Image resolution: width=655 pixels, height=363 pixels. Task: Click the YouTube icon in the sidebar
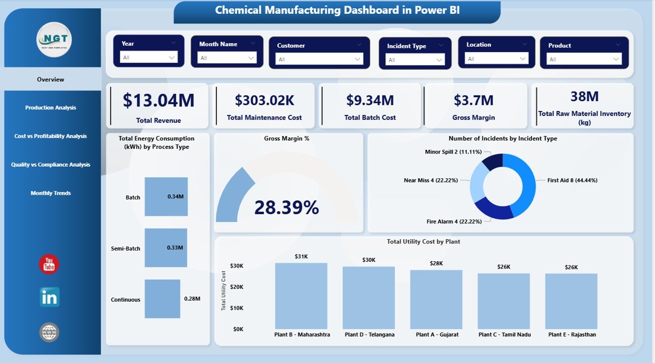tap(49, 264)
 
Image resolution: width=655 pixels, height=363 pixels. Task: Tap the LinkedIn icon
tap(50, 297)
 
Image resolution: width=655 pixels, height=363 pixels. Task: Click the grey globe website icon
tap(49, 332)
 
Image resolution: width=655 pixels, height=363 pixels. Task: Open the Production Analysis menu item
tap(51, 108)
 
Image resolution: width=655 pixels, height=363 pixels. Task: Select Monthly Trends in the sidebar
tap(51, 193)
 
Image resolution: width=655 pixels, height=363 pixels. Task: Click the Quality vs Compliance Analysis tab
tap(51, 165)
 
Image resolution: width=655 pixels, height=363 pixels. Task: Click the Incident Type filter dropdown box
tap(415, 60)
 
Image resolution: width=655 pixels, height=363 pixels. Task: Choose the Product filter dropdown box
tap(584, 59)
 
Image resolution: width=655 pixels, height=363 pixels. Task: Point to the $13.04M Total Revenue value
tap(159, 100)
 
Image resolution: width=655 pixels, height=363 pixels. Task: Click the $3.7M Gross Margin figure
tap(473, 100)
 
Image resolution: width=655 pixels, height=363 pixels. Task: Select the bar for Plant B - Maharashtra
tap(301, 296)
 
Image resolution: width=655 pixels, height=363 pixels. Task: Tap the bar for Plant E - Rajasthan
tap(571, 301)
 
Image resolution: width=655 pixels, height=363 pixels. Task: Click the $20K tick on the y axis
tap(236, 287)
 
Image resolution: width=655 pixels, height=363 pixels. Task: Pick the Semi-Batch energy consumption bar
tap(165, 248)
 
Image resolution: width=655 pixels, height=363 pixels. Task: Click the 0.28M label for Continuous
tap(192, 299)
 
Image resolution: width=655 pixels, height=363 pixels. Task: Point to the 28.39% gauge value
tap(287, 208)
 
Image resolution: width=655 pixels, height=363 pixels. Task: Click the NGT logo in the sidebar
tap(54, 39)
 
